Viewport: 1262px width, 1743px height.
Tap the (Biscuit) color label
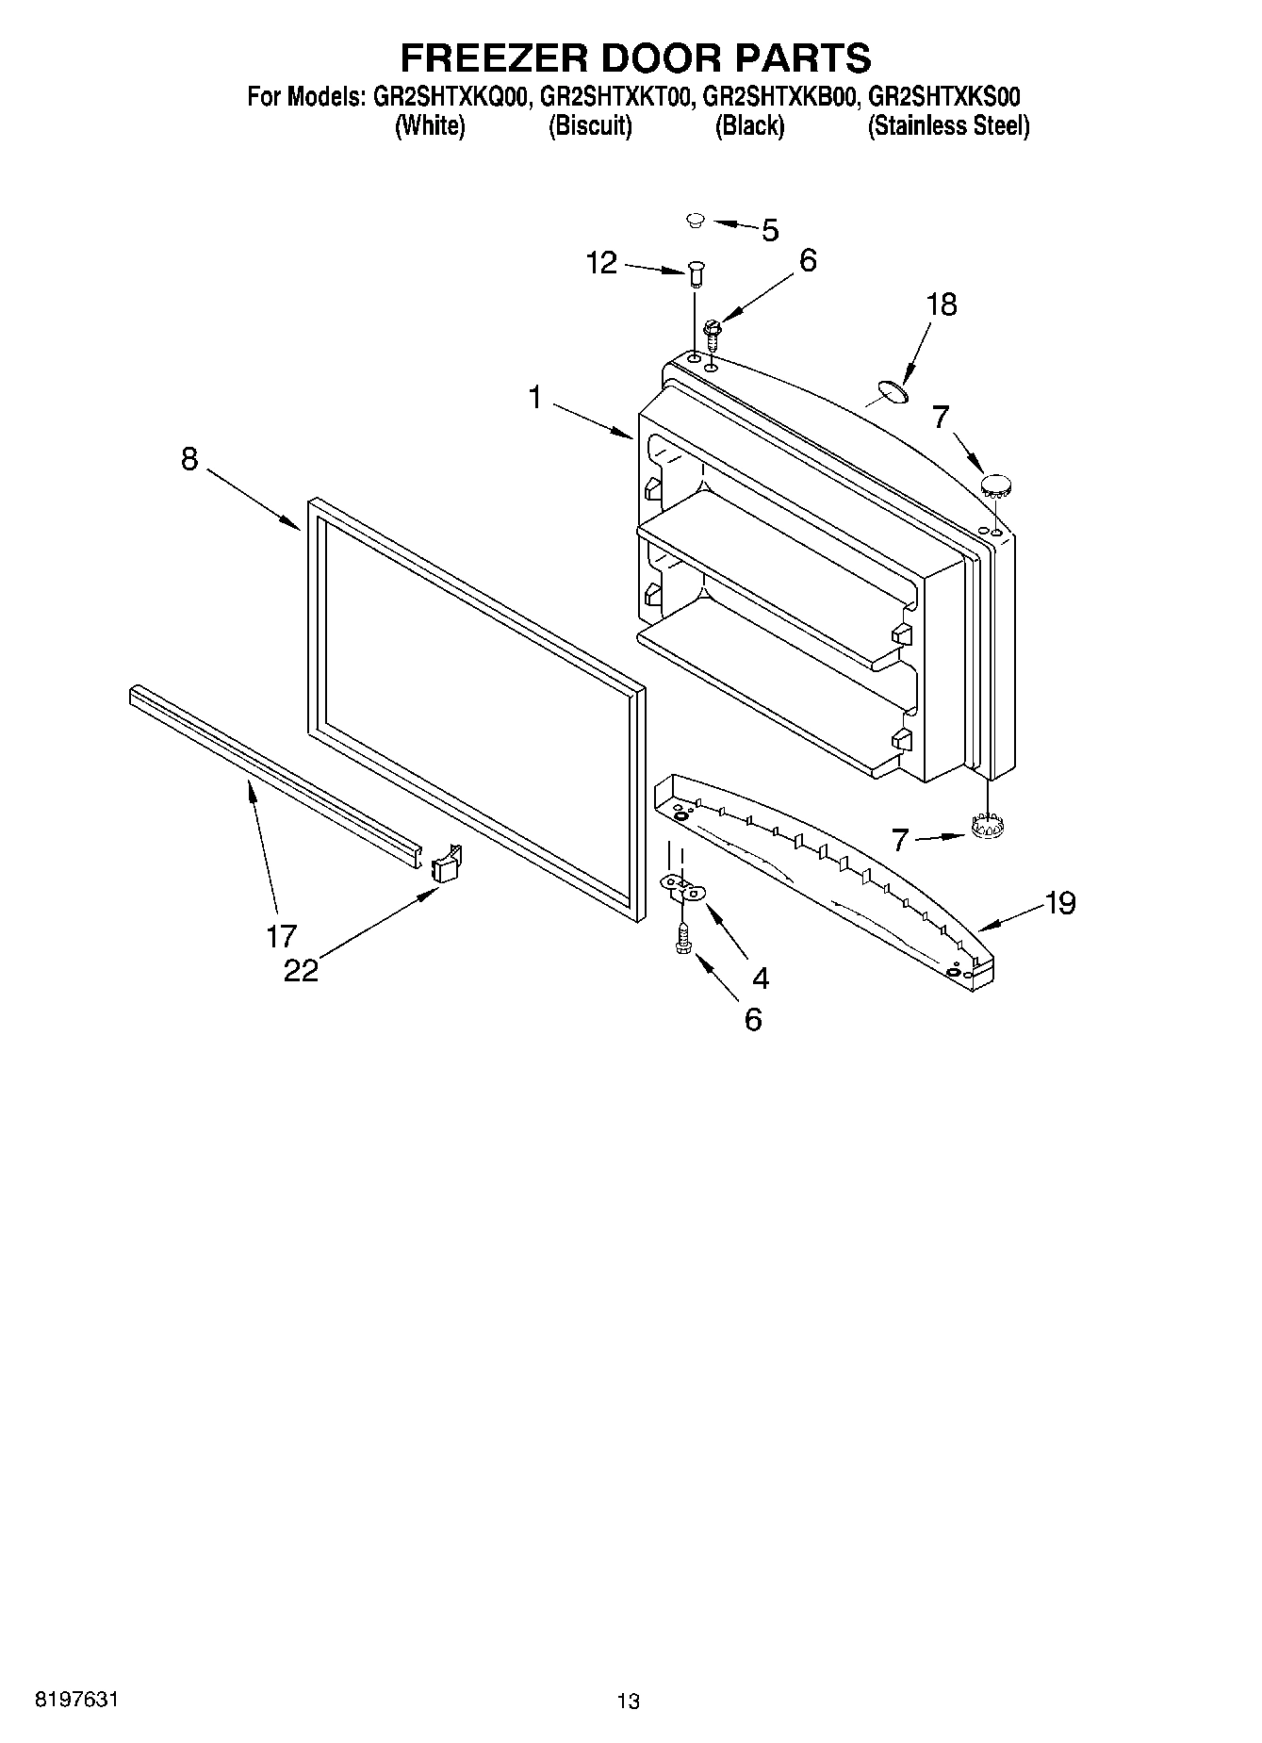pyautogui.click(x=590, y=125)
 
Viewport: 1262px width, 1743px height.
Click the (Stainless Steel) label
pyautogui.click(x=948, y=125)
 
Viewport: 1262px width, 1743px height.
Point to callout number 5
pyautogui.click(x=770, y=230)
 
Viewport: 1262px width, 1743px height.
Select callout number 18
pyautogui.click(x=942, y=304)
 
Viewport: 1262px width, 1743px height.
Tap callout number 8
pyautogui.click(x=189, y=459)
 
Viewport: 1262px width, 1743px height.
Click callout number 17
pyautogui.click(x=281, y=936)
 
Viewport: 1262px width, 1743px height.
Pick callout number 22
pyautogui.click(x=302, y=970)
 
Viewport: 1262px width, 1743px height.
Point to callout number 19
pyautogui.click(x=1060, y=903)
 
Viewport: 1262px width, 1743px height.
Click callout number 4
pyautogui.click(x=760, y=978)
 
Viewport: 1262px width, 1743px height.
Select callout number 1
pyautogui.click(x=535, y=398)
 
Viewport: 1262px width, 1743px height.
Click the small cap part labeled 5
pyautogui.click(x=696, y=221)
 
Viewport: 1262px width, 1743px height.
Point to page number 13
pyautogui.click(x=628, y=1701)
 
